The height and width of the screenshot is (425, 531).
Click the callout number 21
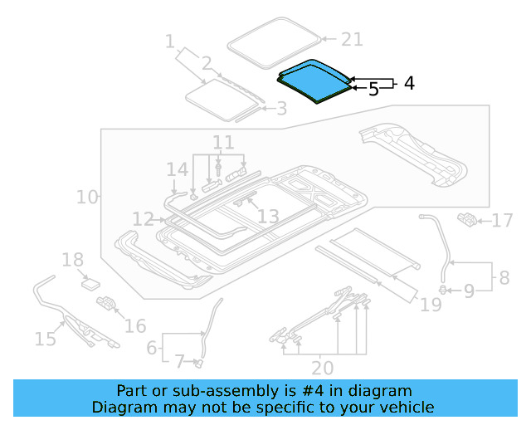[x=353, y=39]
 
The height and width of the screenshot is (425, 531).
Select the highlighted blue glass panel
[x=313, y=80]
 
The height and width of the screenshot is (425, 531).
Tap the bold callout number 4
[x=408, y=83]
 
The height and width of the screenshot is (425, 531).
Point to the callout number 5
[x=373, y=89]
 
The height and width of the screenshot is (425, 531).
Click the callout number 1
[x=170, y=41]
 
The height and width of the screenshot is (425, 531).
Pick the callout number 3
[x=281, y=109]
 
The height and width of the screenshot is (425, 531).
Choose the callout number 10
[x=87, y=198]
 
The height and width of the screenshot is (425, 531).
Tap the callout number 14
[x=177, y=170]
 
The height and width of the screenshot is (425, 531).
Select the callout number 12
[x=143, y=219]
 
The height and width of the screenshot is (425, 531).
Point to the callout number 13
[x=268, y=217]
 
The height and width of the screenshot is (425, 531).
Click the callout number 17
[x=503, y=221]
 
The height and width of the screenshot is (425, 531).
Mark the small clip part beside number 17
[x=467, y=219]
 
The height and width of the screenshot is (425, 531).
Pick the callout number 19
[x=431, y=305]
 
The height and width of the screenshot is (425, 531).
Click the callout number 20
[x=323, y=367]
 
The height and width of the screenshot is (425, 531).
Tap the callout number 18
[x=73, y=260]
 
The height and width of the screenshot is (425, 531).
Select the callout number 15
[x=45, y=338]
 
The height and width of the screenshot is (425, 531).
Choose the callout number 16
[x=135, y=325]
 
